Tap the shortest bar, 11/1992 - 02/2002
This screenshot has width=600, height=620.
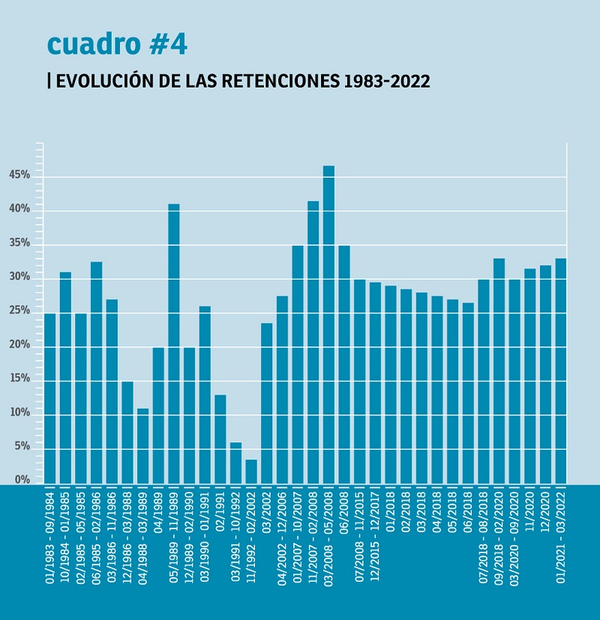(x=251, y=472)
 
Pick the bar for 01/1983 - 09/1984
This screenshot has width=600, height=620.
(x=49, y=398)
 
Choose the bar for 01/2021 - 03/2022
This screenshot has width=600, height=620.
(x=560, y=371)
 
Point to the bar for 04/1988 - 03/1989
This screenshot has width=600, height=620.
(x=142, y=446)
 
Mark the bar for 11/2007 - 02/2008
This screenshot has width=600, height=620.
(x=313, y=342)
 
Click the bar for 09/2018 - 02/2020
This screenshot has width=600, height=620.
(x=499, y=371)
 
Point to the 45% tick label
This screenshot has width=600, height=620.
(x=19, y=175)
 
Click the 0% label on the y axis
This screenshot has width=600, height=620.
(x=22, y=480)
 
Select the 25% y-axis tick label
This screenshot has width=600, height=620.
(x=19, y=310)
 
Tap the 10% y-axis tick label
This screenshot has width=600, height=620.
(x=19, y=412)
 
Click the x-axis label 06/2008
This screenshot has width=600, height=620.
(x=344, y=514)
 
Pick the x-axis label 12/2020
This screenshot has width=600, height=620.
(x=545, y=514)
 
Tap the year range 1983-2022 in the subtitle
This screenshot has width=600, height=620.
(x=387, y=81)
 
